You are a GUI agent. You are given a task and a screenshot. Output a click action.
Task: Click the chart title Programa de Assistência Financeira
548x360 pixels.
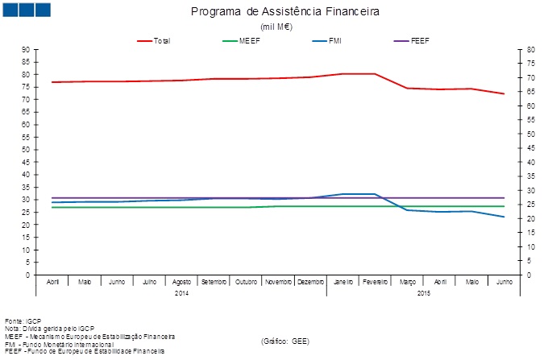[285, 12]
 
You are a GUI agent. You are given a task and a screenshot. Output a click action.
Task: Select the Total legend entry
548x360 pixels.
[161, 40]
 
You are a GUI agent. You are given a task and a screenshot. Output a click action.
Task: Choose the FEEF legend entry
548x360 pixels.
[421, 40]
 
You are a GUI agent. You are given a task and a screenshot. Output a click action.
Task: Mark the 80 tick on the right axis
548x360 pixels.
[529, 50]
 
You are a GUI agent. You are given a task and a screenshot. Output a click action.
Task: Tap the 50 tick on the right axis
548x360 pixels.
[529, 134]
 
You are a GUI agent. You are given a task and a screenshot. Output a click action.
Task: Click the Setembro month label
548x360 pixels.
[215, 283]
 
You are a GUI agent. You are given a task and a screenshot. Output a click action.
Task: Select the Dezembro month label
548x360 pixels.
[311, 283]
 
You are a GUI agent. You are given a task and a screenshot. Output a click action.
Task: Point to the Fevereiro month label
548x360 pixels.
[375, 283]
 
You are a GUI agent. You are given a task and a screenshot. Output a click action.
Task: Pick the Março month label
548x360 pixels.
[407, 283]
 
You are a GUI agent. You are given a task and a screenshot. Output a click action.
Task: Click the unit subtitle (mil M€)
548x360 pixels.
[276, 27]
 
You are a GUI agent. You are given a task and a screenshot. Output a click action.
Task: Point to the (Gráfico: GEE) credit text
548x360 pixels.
[285, 341]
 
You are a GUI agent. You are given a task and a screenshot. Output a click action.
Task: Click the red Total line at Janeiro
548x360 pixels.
[343, 74]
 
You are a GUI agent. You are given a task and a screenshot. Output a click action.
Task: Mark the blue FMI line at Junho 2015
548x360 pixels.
[504, 217]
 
